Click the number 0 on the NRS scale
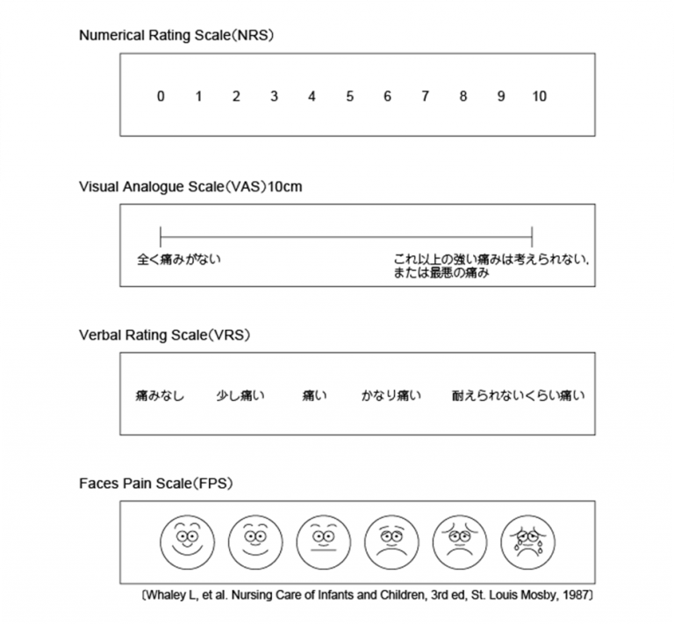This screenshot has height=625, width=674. (x=161, y=97)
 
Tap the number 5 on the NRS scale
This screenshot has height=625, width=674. (x=349, y=97)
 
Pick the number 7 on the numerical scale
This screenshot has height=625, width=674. (x=426, y=97)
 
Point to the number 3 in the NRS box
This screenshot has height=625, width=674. (x=274, y=97)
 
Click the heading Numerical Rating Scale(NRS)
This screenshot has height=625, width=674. (x=177, y=36)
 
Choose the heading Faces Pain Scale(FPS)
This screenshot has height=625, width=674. (x=155, y=484)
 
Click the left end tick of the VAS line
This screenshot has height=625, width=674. (x=161, y=235)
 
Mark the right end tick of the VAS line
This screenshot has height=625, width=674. (x=532, y=235)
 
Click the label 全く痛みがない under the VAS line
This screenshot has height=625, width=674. (x=180, y=259)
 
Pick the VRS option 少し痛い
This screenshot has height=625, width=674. (x=240, y=396)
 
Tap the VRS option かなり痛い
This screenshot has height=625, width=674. (x=391, y=396)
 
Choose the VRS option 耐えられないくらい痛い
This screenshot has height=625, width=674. (x=518, y=396)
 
